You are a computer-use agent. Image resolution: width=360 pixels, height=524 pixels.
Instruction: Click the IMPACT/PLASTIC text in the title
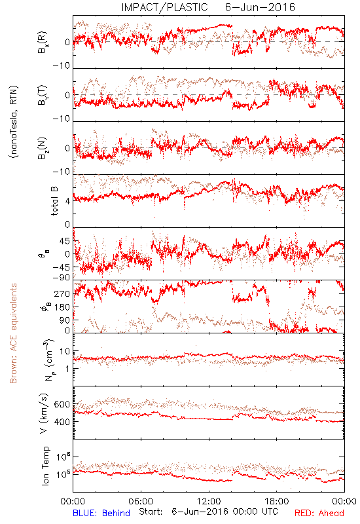click(164, 7)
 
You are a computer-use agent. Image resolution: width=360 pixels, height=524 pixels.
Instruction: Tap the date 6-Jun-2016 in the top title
click(260, 7)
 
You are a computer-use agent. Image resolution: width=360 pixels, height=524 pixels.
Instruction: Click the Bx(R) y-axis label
click(43, 43)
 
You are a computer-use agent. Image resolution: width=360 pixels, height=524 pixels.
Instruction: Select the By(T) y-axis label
click(43, 95)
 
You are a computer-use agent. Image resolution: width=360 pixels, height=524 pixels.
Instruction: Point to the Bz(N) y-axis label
click(43, 148)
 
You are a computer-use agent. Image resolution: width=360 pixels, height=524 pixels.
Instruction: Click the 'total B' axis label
click(54, 201)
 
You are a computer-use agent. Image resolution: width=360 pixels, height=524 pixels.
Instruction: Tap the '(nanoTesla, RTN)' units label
click(14, 122)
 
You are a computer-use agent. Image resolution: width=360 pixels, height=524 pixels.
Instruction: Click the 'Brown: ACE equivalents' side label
click(13, 333)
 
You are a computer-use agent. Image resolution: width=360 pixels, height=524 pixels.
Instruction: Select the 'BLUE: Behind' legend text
click(101, 513)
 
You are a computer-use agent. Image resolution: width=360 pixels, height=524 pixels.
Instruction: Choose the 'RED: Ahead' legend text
click(319, 513)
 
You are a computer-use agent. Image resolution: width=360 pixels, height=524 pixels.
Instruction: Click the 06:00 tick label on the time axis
click(141, 501)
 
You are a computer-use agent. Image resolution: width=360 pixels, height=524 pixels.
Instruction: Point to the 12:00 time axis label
click(209, 501)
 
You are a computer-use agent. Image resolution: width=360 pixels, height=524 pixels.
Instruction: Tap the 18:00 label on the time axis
click(277, 501)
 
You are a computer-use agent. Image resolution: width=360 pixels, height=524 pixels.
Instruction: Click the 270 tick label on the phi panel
click(62, 293)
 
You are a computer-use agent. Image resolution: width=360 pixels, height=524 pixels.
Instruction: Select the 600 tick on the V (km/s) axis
click(62, 404)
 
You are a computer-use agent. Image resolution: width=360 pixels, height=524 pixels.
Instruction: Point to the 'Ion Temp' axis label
click(45, 466)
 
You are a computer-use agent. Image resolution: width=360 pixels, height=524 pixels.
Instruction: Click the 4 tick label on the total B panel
click(68, 201)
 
